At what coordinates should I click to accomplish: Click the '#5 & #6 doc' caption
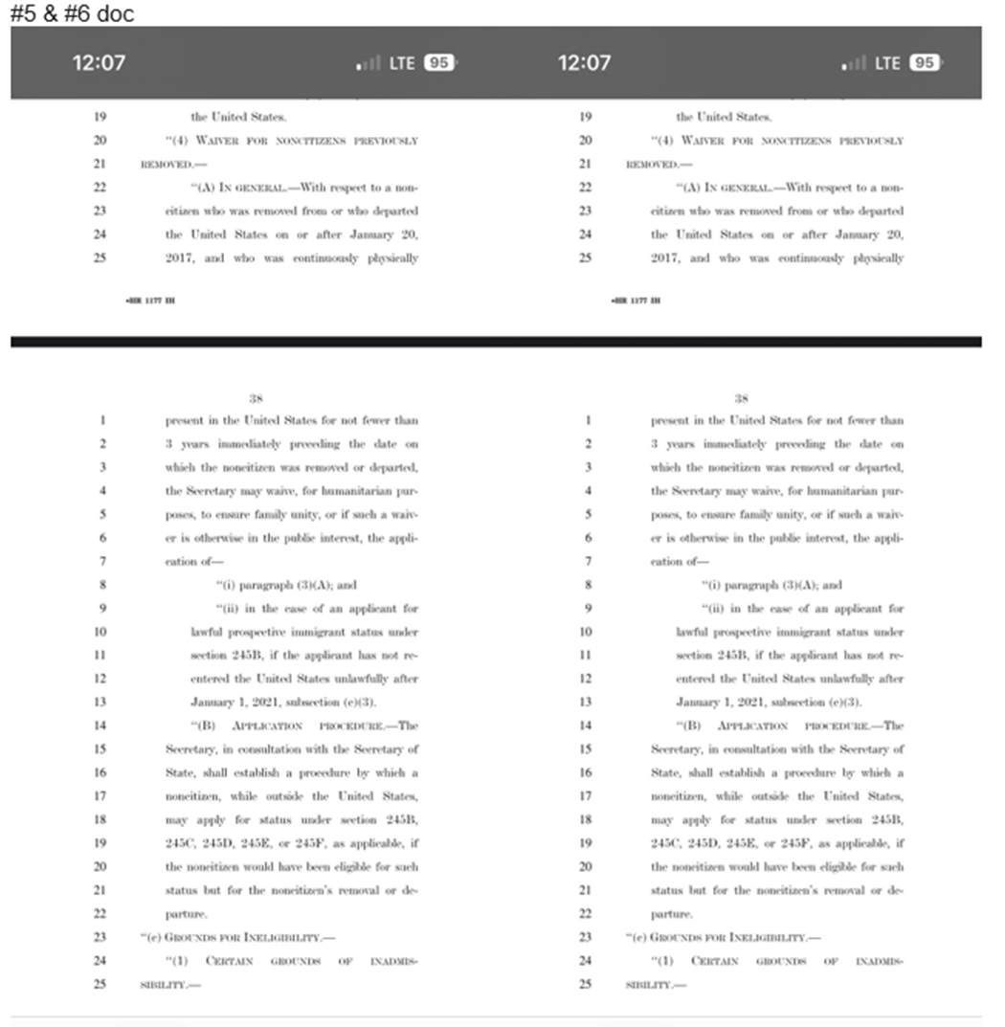coord(72,13)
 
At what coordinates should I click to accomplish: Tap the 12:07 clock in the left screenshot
coord(99,63)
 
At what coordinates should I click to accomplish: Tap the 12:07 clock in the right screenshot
coord(584,63)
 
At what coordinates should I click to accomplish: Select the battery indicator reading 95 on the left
coord(439,63)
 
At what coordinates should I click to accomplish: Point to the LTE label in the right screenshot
coord(887,63)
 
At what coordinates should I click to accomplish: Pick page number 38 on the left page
coord(257,396)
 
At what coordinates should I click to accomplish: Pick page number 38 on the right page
coord(741,396)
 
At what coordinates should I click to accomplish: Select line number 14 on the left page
coord(101,726)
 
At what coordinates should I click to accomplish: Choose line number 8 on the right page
coord(587,585)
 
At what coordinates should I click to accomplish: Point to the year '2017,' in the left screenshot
coord(183,257)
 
